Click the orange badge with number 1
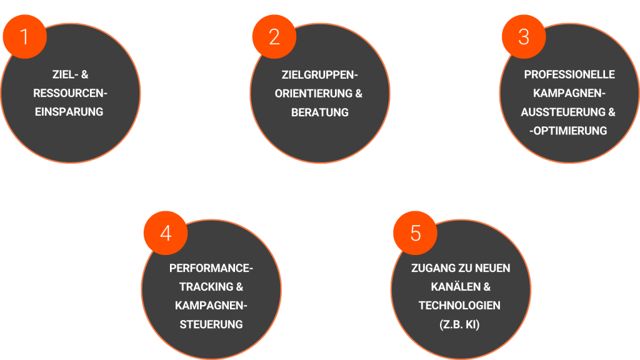pos(24,37)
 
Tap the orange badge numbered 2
pos(274,37)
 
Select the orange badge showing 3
pos(524,37)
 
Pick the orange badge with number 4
pos(166,233)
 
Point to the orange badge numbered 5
pos(416,233)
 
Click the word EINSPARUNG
pos(70,112)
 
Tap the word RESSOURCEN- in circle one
pos(70,94)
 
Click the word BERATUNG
pos(320,112)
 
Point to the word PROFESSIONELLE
pos(569,75)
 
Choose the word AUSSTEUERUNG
pos(560,112)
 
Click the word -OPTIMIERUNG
pos(569,131)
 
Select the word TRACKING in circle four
pos(201,287)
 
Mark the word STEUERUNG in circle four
pos(211,325)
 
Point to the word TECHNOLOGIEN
pos(459,306)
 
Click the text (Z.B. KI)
pos(459,325)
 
